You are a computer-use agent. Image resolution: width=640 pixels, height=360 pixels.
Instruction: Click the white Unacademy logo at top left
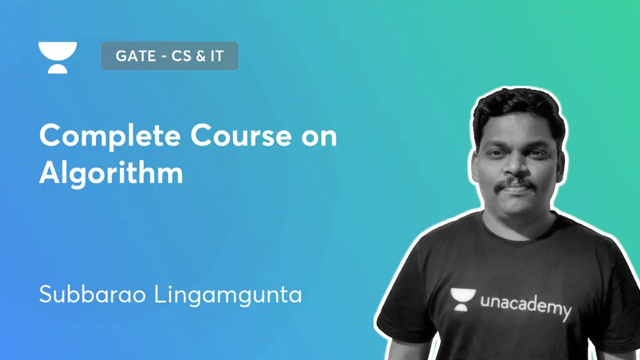click(57, 57)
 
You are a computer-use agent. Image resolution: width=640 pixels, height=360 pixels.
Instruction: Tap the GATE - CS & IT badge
click(169, 57)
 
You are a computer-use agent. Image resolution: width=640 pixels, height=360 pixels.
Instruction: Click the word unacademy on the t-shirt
click(526, 306)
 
